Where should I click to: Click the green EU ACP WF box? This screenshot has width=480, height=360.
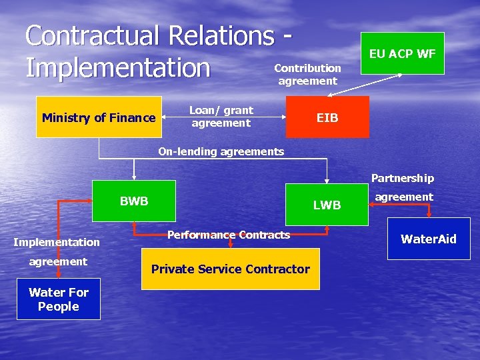tap(403, 53)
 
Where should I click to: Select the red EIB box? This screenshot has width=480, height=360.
tap(327, 117)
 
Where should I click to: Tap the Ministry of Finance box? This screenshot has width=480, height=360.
tap(99, 117)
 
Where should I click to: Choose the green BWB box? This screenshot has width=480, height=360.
tap(134, 201)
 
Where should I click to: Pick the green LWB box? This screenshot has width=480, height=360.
tap(327, 205)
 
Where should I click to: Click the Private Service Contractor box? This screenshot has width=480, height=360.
tap(231, 269)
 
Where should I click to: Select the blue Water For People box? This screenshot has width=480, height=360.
tap(59, 299)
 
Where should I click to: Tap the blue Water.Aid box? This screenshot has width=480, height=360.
tap(428, 239)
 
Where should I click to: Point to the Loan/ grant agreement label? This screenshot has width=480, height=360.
tap(221, 117)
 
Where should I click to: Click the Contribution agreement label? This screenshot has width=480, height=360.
tap(307, 74)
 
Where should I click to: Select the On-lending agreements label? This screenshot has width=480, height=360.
tap(221, 151)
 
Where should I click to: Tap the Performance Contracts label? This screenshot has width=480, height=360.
tap(229, 235)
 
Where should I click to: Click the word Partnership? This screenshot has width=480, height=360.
tap(402, 178)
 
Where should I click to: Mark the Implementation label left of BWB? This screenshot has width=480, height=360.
tap(57, 242)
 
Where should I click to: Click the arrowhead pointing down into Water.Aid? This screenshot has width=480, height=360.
tap(429, 214)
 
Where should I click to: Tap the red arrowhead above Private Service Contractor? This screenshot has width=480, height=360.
tap(230, 245)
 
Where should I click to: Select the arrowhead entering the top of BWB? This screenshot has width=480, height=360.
tap(134, 177)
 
